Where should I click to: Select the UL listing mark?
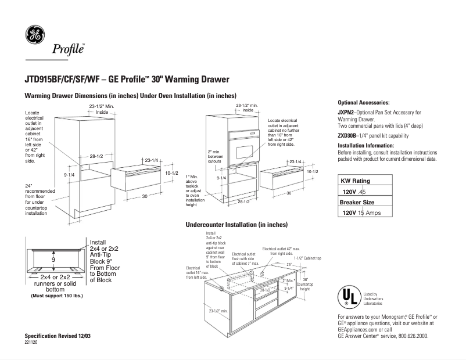347,297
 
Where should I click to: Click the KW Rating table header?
355,181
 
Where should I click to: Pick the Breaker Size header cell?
357,202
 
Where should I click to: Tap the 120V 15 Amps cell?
367,213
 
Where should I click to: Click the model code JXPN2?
346,112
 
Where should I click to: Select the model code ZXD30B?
347,135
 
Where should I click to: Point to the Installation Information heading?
366,145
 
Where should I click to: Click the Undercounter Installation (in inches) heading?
236,224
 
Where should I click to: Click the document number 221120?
32,343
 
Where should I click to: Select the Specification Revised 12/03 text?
58,336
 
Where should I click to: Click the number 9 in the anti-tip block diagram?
54,260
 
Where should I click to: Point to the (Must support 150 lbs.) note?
56,295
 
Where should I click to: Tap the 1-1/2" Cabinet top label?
311,258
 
